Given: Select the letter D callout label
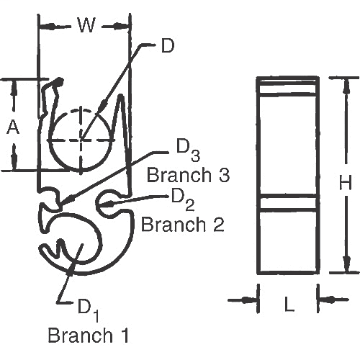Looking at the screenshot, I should (x=167, y=46).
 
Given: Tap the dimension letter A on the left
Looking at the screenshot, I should (x=13, y=127).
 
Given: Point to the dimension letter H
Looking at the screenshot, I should (x=345, y=184).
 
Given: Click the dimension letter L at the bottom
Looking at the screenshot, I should (x=289, y=305).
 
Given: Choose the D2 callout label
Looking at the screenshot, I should (x=181, y=197).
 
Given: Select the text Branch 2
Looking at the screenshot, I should (x=182, y=224).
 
